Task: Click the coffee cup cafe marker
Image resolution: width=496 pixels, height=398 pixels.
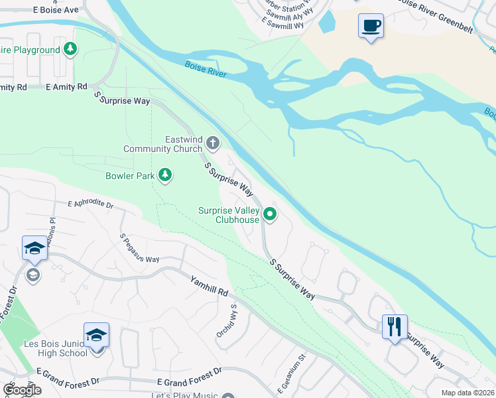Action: tap(371, 27)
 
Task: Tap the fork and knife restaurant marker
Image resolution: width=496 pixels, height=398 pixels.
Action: tap(395, 326)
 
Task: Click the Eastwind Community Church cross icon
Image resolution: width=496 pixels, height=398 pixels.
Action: tap(212, 142)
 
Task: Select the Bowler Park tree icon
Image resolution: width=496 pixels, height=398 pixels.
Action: tap(165, 176)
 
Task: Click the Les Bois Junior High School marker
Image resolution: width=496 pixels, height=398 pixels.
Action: tap(96, 336)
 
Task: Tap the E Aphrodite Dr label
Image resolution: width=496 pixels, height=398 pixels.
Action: tap(91, 204)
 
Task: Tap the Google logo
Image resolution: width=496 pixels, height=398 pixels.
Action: tap(22, 390)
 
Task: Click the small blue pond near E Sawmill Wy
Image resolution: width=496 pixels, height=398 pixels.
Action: tap(326, 22)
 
